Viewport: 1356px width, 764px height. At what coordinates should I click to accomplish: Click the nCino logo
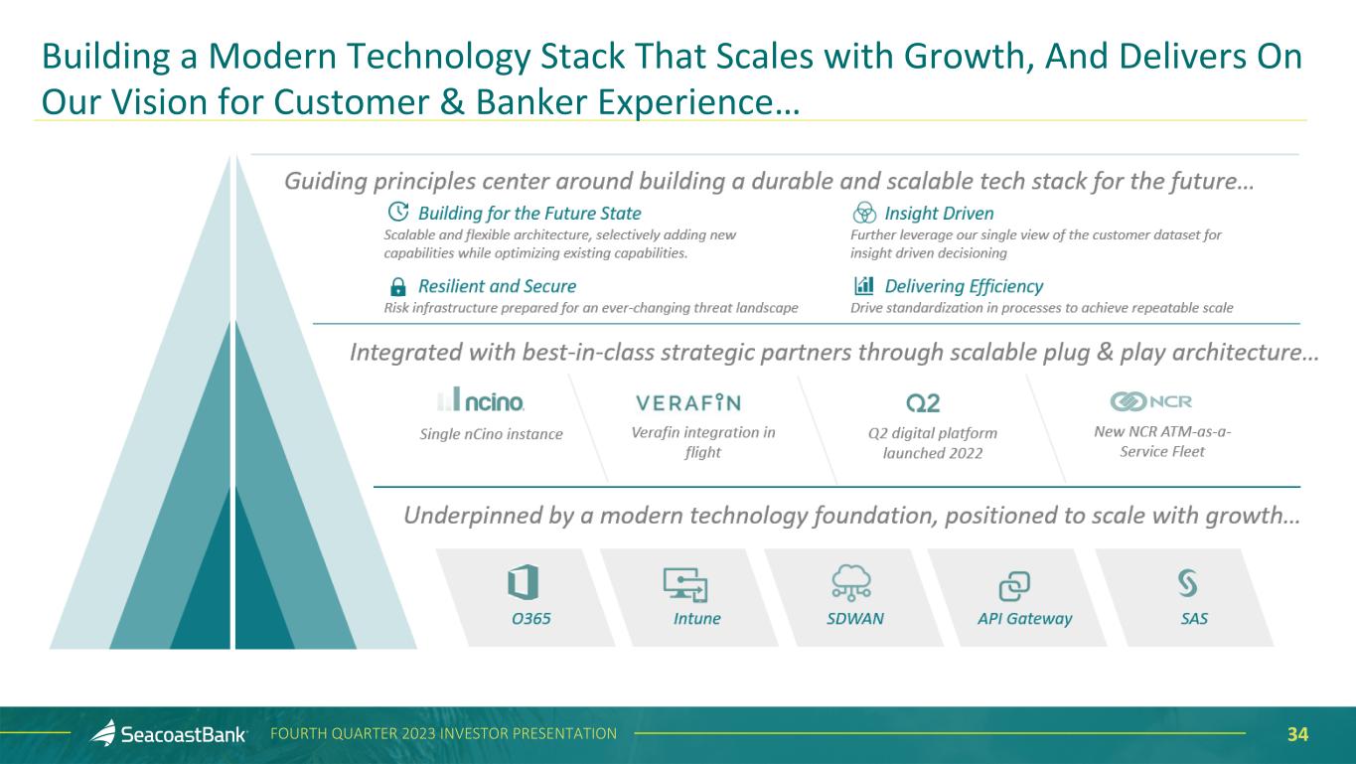tap(481, 399)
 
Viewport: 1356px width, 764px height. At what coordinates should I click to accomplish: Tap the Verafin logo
tap(688, 402)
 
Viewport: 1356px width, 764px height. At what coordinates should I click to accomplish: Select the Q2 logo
tap(923, 403)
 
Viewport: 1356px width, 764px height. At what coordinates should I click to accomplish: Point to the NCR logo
tap(1150, 400)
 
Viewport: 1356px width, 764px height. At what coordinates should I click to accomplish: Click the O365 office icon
tap(523, 582)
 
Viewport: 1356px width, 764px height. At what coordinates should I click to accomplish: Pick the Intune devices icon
tap(685, 584)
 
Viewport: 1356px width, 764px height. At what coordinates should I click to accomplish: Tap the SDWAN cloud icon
tap(851, 582)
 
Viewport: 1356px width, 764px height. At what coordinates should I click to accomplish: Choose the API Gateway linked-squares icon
tap(1014, 586)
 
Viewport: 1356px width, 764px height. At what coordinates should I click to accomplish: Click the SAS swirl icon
tap(1188, 582)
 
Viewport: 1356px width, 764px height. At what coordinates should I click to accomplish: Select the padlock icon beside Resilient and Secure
tap(397, 286)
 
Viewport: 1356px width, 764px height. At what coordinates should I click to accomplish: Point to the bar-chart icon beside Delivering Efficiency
tap(864, 285)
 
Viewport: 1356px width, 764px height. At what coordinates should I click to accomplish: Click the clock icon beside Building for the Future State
tap(397, 212)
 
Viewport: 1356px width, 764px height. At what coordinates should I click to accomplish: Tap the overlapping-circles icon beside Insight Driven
tap(864, 213)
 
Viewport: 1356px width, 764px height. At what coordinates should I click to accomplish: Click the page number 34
tap(1297, 734)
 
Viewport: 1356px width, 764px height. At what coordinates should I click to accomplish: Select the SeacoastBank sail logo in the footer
tap(103, 732)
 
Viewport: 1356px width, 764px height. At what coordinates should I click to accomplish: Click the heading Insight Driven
tap(939, 213)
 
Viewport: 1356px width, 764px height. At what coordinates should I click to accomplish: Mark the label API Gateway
tap(1024, 619)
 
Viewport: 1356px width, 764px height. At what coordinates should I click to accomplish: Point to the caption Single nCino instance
tap(491, 434)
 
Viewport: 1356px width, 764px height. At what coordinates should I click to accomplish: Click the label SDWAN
tap(854, 619)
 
